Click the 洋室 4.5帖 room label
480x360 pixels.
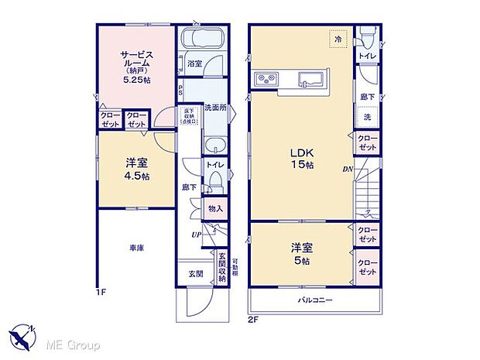tap(138, 170)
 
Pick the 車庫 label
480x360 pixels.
tap(136, 248)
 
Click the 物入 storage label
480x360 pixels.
tap(215, 208)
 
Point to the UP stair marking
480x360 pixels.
tap(198, 235)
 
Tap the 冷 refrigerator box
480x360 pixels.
tap(338, 36)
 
